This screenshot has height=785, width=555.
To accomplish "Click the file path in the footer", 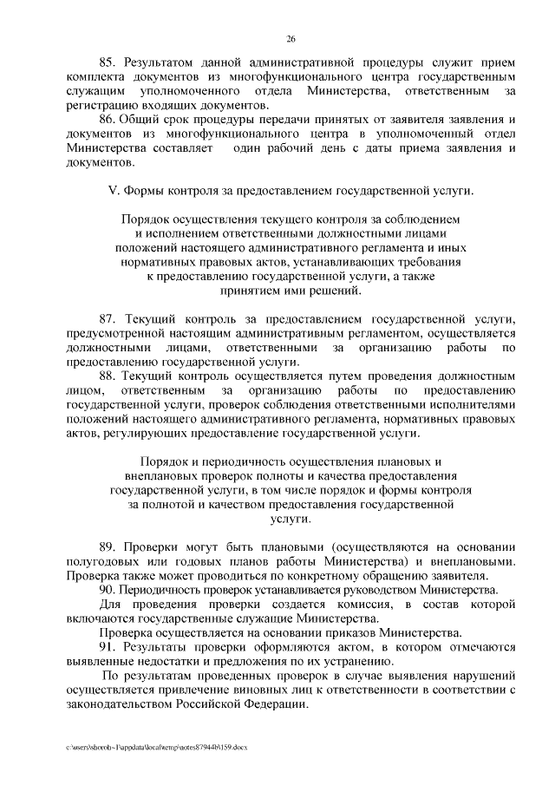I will click(x=155, y=747).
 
